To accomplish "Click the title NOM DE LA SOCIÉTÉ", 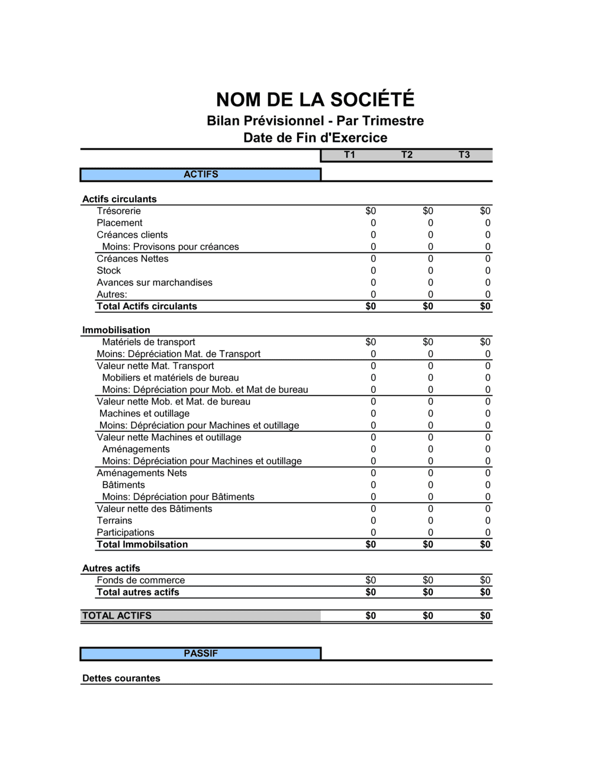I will pyautogui.click(x=315, y=99).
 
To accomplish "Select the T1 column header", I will pyautogui.click(x=349, y=155).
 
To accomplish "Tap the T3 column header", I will pyautogui.click(x=464, y=155).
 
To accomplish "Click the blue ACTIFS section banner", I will pyautogui.click(x=201, y=174).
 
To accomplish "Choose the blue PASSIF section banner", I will pyautogui.click(x=201, y=654).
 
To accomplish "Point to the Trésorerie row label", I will pyautogui.click(x=119, y=211).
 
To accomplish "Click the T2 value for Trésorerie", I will pyautogui.click(x=427, y=211).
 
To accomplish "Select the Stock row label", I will pyautogui.click(x=109, y=271).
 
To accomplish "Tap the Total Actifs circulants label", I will pyautogui.click(x=147, y=306).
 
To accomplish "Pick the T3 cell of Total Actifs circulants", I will pyautogui.click(x=485, y=306).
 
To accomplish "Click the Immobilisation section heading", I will pyautogui.click(x=116, y=330).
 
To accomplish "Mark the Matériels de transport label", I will pyautogui.click(x=149, y=342).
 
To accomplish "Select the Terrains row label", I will pyautogui.click(x=114, y=520).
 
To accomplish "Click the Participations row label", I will pyautogui.click(x=126, y=532).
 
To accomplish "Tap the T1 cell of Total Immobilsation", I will pyautogui.click(x=371, y=545).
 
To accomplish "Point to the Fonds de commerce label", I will pyautogui.click(x=141, y=580).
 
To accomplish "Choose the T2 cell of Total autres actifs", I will pyautogui.click(x=427, y=592).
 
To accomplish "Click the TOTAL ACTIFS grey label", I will pyautogui.click(x=117, y=616).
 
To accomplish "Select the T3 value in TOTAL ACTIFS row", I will pyautogui.click(x=485, y=616).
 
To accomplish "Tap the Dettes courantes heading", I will pyautogui.click(x=121, y=678).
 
